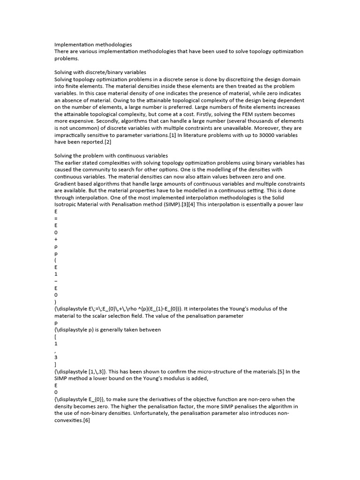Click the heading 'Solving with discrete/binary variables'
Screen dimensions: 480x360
pos(100,72)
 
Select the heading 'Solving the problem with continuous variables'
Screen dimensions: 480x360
pos(111,156)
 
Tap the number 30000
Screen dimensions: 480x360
pos(260,135)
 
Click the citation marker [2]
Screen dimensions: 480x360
pos(108,142)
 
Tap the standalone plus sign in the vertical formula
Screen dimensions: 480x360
pos(56,239)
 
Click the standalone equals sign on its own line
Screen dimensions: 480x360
pos(56,218)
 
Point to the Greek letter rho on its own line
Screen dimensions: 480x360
pos(56,246)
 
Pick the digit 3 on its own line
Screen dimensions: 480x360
pos(56,357)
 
